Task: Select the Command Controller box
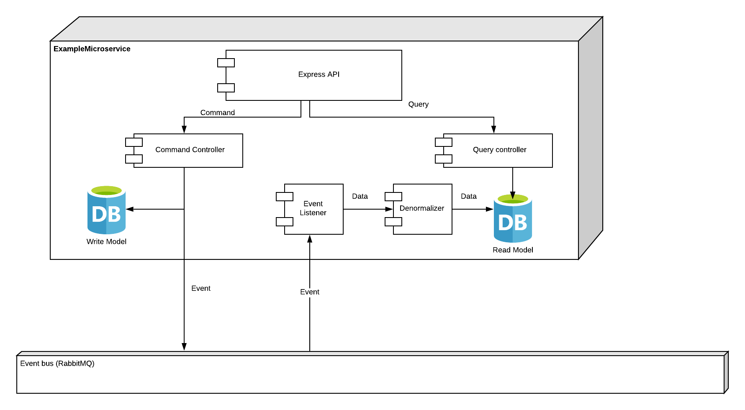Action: tap(188, 151)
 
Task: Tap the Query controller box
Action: tap(498, 151)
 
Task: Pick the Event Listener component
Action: tap(313, 209)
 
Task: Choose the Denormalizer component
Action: tap(422, 209)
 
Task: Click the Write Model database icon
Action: tap(106, 210)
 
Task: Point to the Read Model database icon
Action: tap(513, 218)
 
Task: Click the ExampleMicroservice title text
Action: tap(92, 49)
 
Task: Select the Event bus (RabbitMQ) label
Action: tap(57, 364)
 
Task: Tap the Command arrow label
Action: tap(218, 113)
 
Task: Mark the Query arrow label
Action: tap(419, 104)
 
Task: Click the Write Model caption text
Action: tap(106, 241)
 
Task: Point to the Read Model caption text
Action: tap(513, 250)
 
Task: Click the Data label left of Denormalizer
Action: tap(360, 196)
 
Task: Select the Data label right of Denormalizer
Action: tap(469, 196)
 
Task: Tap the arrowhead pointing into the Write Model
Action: tap(130, 209)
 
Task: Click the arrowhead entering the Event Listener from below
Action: tap(310, 239)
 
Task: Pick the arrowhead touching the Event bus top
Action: tap(184, 347)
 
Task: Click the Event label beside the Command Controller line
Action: tap(201, 288)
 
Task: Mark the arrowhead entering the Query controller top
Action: tap(494, 130)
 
